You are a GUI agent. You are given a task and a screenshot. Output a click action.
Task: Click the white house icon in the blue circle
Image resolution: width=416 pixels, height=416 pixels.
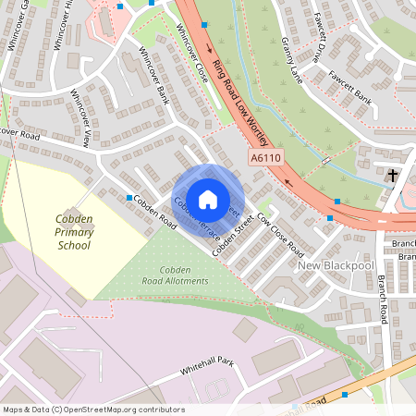[208, 199]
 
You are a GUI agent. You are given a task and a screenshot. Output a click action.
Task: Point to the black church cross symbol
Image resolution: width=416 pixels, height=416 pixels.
[393, 175]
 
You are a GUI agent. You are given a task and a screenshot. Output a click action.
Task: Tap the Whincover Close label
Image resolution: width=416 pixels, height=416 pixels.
[192, 55]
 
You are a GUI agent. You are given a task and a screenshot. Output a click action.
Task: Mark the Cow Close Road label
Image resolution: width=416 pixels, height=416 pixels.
[281, 236]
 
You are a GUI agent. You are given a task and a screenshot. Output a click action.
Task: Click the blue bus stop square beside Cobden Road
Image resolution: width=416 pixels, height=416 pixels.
[128, 197]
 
